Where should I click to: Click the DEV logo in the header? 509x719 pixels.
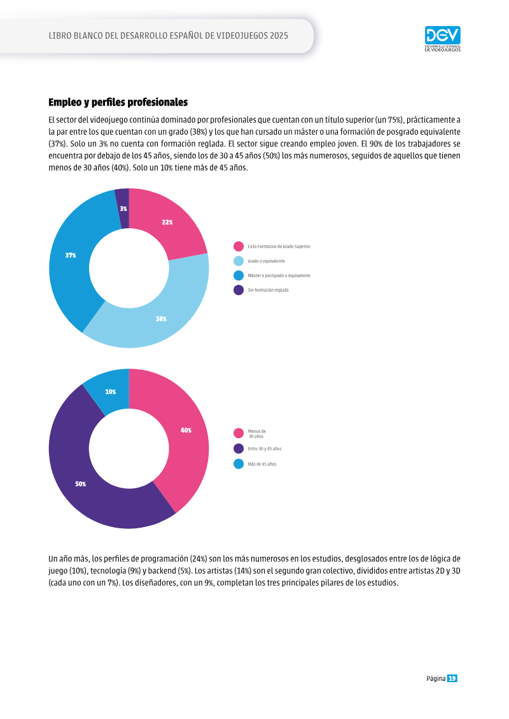(442, 39)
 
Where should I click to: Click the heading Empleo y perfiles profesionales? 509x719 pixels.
(118, 102)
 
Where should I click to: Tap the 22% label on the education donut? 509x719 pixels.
(167, 223)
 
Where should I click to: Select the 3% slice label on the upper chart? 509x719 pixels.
(123, 209)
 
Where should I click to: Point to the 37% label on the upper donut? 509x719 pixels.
(71, 256)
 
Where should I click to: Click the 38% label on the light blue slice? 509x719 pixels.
(161, 319)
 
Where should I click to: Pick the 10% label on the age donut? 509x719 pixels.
(111, 392)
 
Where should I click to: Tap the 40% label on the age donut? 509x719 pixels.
(186, 430)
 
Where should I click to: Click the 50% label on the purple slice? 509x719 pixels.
(81, 484)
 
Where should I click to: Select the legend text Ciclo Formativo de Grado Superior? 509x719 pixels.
(279, 247)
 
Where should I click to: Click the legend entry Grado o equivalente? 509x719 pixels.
(266, 261)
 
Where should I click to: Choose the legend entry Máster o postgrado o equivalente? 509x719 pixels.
(279, 276)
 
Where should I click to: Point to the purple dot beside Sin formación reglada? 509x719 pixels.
(239, 291)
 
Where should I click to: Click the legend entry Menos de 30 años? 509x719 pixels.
(256, 434)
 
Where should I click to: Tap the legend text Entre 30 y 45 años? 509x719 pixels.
(265, 449)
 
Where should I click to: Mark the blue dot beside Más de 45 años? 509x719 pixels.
(239, 464)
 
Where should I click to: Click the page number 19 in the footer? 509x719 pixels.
(452, 679)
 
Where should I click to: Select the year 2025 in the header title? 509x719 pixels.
(279, 36)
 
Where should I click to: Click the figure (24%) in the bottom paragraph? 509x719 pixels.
(199, 559)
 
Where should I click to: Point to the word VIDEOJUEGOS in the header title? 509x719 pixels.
(237, 36)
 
